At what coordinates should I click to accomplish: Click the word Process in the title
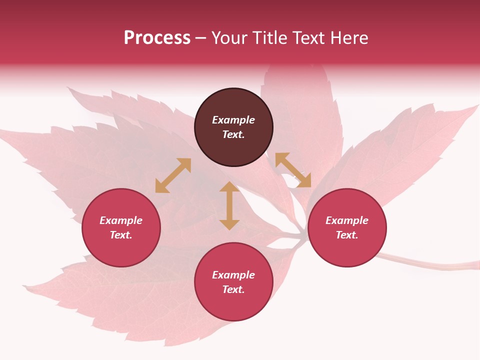157,38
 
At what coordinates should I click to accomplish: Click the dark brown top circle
233,102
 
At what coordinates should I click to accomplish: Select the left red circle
121,250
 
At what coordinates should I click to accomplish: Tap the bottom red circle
233,305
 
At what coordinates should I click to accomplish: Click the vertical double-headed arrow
229,205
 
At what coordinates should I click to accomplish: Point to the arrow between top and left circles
173,175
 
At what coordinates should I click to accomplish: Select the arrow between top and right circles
293,170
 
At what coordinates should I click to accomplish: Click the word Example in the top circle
233,120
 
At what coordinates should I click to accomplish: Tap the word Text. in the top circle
233,134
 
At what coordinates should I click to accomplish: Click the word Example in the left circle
121,220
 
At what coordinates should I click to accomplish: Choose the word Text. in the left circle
121,235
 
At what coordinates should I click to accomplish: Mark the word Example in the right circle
347,220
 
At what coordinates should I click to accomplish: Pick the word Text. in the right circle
347,235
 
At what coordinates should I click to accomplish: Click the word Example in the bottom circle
233,275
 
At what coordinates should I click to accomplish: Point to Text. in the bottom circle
233,289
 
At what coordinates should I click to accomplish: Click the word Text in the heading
307,38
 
